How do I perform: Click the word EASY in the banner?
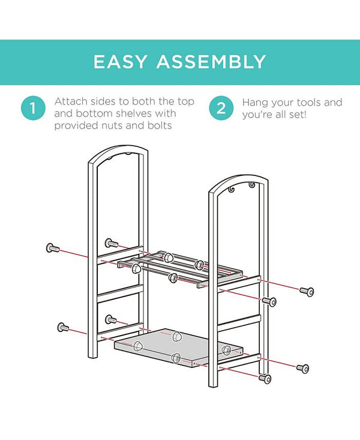point(120,62)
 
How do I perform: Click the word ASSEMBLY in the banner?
point(211,62)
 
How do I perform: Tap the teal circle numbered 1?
point(33,108)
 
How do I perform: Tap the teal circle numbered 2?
point(221,108)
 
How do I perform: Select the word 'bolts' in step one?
point(160,125)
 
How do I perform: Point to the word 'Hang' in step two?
point(254,103)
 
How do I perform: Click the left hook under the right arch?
point(232,190)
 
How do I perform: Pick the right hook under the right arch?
point(251,185)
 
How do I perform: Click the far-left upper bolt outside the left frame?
point(53,248)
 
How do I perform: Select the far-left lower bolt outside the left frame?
point(63,327)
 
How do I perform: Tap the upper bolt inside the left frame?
point(112,243)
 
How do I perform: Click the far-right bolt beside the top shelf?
point(307,292)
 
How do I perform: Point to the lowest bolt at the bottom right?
point(265,379)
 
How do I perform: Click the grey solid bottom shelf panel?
point(178,348)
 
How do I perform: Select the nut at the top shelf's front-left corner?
point(136,268)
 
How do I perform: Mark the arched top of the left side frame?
point(118,152)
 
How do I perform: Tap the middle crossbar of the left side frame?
point(121,294)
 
